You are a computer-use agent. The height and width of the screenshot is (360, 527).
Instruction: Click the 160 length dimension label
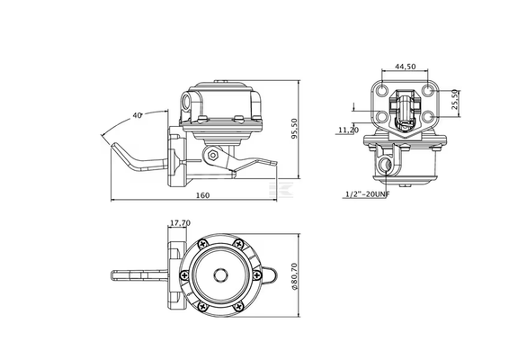202,195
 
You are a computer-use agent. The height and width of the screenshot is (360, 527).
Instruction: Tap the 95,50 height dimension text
294,129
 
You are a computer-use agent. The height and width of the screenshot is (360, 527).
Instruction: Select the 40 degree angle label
137,115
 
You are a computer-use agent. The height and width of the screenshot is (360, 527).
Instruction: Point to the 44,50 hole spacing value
405,67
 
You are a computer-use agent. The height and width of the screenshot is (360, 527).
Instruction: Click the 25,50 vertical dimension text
455,99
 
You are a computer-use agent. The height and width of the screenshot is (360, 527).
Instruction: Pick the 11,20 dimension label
349,130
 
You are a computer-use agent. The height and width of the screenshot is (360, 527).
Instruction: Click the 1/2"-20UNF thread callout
368,194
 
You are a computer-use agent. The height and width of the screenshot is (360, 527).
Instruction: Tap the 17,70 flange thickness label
180,222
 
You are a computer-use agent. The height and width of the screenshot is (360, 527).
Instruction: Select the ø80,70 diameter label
294,276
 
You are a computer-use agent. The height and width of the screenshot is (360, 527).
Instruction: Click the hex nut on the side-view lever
212,156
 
